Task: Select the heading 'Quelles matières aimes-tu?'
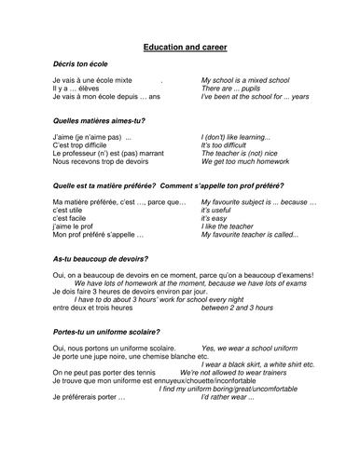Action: coord(99,120)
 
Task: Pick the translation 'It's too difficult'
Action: coord(227,146)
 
